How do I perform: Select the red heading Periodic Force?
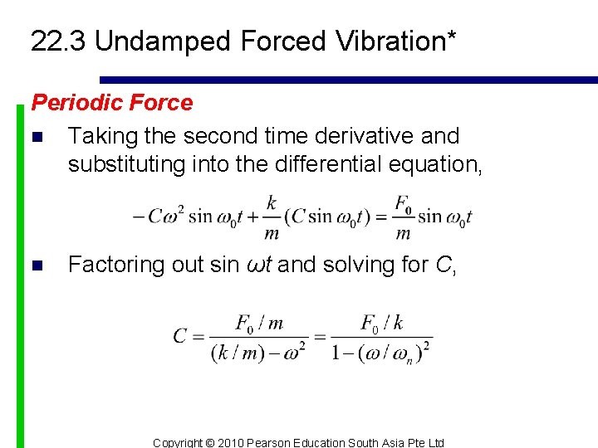point(111,103)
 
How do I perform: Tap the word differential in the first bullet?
point(329,164)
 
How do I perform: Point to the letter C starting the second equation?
point(180,336)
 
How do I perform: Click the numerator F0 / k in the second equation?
point(381,323)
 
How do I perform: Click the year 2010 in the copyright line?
point(235,442)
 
